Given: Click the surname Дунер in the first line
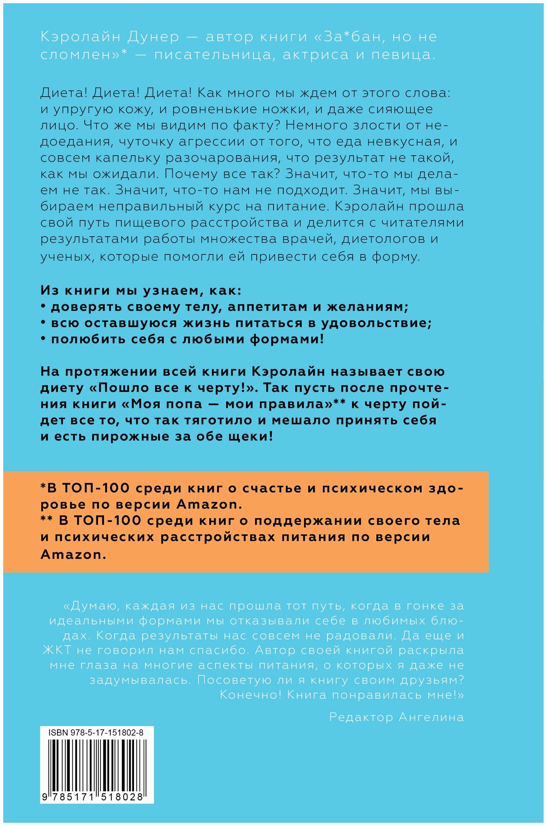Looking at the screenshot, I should coord(153,37).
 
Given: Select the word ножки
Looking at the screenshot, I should coord(328,109).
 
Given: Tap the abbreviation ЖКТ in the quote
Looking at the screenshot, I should coord(57,650).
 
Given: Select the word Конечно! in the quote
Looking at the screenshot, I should coord(251,695).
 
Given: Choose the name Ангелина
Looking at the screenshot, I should coord(431,717).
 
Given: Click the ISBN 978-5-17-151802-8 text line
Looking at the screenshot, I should coord(96,733).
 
